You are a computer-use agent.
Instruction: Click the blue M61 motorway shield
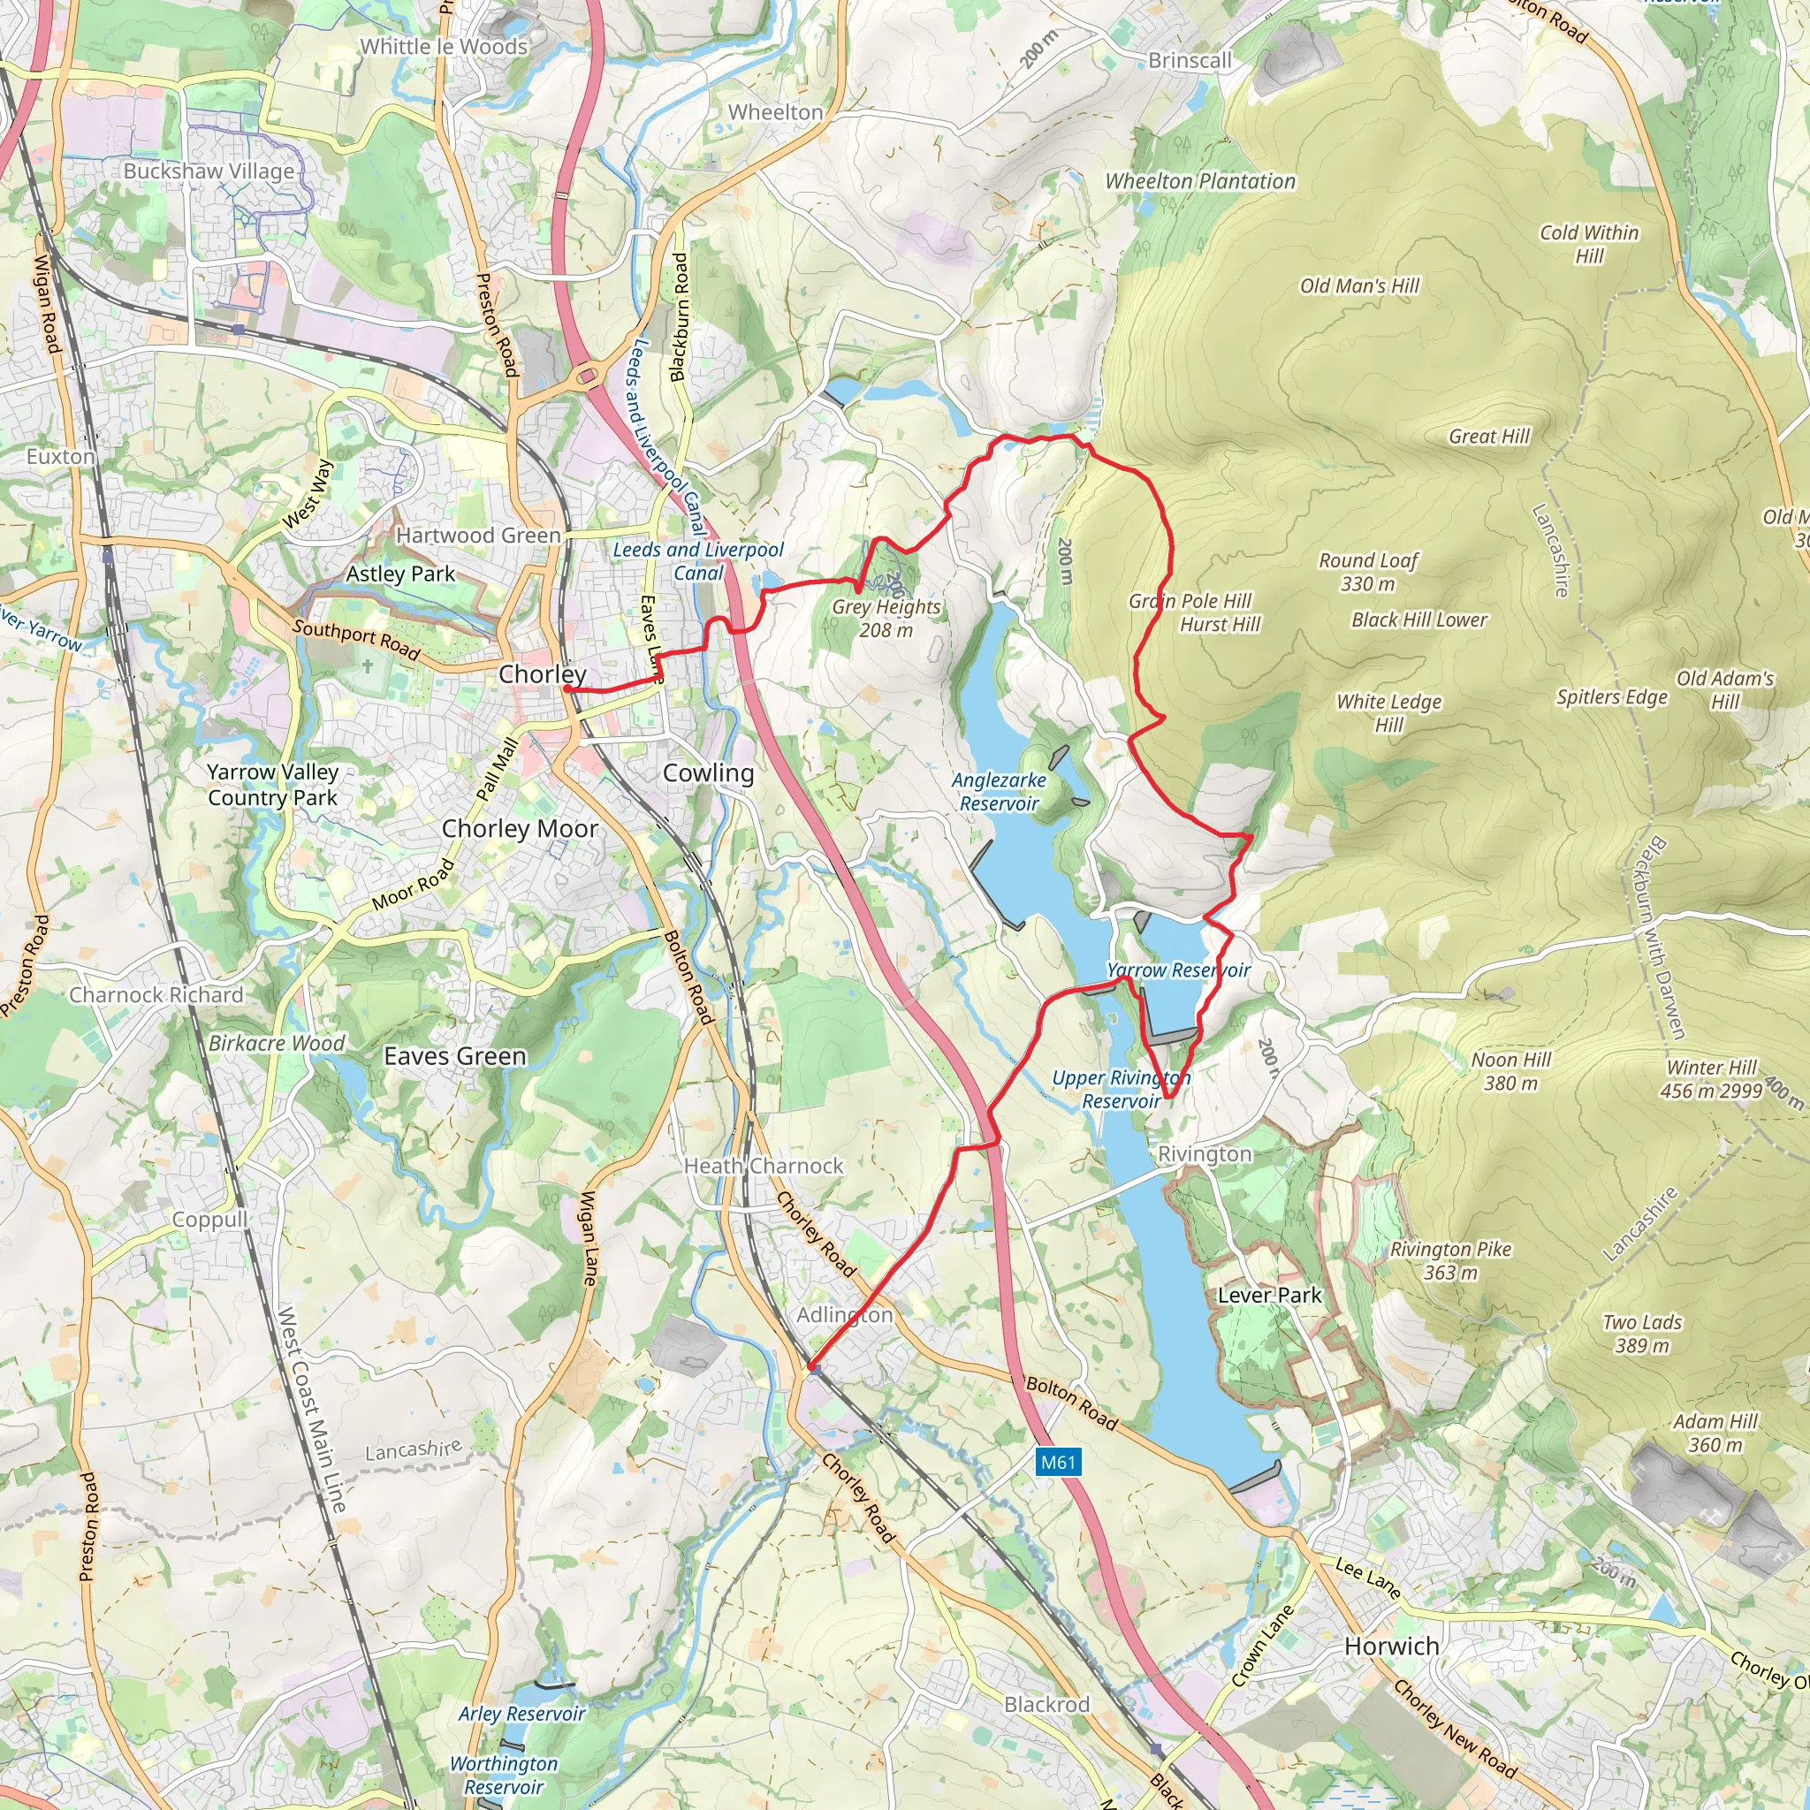pyautogui.click(x=1059, y=1462)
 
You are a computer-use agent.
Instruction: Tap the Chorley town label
pyautogui.click(x=543, y=673)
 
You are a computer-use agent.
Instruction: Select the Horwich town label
pyautogui.click(x=1391, y=1646)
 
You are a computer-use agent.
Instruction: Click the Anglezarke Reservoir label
pyautogui.click(x=999, y=792)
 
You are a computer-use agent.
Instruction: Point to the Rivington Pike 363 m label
pyautogui.click(x=1450, y=1261)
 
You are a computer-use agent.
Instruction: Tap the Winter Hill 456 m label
pyautogui.click(x=1711, y=1079)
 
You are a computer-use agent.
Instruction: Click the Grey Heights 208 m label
pyautogui.click(x=886, y=619)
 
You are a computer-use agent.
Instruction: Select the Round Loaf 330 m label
pyautogui.click(x=1368, y=573)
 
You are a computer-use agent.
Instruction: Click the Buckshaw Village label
pyautogui.click(x=209, y=171)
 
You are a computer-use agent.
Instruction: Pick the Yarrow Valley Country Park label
pyautogui.click(x=272, y=785)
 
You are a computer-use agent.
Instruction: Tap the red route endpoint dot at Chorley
pyautogui.click(x=567, y=689)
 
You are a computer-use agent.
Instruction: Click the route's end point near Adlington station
pyautogui.click(x=810, y=1368)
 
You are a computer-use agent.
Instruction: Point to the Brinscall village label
pyautogui.click(x=1190, y=60)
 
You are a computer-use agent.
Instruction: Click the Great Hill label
pyautogui.click(x=1488, y=436)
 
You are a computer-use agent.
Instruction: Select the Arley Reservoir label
pyautogui.click(x=521, y=1714)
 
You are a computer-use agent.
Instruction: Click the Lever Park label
pyautogui.click(x=1269, y=1296)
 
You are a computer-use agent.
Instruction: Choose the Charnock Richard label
pyautogui.click(x=156, y=995)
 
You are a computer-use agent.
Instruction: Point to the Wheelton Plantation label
pyautogui.click(x=1200, y=182)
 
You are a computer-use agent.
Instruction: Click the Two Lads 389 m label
pyautogui.click(x=1642, y=1334)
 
